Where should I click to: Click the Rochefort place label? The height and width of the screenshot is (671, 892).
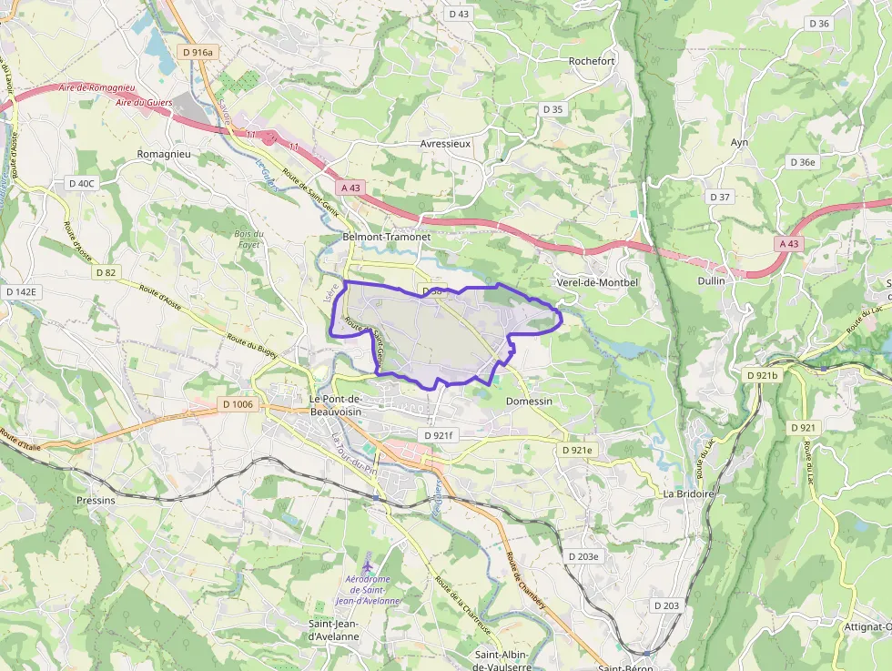[592, 61]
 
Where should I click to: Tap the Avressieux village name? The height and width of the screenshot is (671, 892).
[445, 144]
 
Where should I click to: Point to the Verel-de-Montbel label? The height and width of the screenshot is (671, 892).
[597, 282]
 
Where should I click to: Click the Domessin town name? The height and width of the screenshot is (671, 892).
[529, 401]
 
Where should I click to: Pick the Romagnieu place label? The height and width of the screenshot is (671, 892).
[164, 155]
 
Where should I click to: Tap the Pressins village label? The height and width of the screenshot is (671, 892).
[96, 501]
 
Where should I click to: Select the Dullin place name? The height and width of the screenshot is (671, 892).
[711, 281]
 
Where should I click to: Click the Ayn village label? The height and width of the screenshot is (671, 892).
[739, 142]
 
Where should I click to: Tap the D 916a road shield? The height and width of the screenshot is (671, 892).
[197, 53]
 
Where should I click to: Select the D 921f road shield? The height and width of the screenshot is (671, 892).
[437, 436]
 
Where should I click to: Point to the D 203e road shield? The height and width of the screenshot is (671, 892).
[583, 556]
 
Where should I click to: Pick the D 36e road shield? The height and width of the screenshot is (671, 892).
[803, 162]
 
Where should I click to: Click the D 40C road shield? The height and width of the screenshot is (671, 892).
[82, 183]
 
